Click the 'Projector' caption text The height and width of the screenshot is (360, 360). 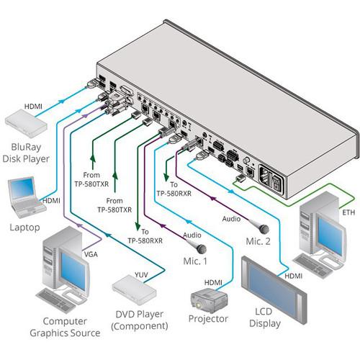pos(208,319)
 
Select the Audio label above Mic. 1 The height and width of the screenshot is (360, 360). pos(192,234)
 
